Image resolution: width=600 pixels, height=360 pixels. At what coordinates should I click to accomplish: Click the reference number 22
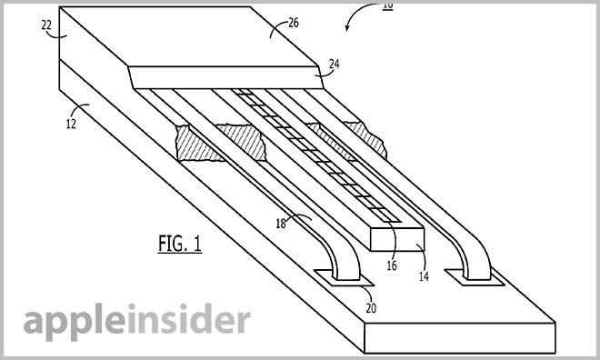(x=46, y=25)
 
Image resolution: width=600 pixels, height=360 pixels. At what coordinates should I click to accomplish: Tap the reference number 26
(x=294, y=23)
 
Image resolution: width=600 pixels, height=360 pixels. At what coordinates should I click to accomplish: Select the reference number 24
(x=334, y=64)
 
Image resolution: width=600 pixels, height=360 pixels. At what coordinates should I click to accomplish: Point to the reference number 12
(x=71, y=124)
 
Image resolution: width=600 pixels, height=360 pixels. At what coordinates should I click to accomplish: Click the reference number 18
(x=281, y=224)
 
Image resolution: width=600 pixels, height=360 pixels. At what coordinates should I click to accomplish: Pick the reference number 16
(x=392, y=265)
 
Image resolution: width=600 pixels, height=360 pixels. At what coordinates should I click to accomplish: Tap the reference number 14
(x=424, y=276)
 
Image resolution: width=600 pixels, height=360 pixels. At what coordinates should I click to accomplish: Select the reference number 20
(x=371, y=308)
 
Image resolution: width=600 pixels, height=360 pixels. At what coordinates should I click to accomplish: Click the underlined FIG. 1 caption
(x=180, y=244)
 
